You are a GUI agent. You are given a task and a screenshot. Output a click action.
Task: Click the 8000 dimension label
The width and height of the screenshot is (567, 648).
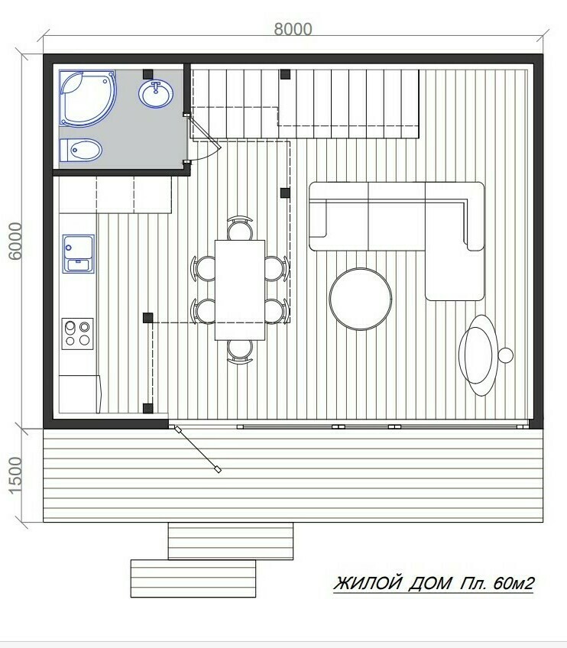coord(293,29)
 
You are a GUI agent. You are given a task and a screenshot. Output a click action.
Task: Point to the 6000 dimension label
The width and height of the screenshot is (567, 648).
coord(15,241)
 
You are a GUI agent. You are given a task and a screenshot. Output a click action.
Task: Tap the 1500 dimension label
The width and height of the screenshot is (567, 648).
coord(15,475)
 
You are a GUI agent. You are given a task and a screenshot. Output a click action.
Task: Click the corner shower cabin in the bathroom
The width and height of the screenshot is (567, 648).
coord(87,99)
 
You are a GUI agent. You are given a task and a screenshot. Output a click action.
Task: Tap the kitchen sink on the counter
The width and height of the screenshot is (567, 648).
coord(79,254)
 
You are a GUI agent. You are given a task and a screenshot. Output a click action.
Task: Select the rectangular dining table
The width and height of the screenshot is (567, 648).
coord(240,290)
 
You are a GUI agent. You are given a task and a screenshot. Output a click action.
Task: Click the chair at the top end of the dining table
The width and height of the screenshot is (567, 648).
coord(240,228)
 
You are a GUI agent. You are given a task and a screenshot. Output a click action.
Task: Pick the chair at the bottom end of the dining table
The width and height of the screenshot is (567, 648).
coord(240,352)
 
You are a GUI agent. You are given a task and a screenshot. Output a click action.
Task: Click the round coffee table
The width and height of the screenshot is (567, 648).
coord(361,299)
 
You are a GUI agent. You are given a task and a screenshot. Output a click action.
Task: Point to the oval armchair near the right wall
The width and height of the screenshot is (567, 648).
coord(478,355)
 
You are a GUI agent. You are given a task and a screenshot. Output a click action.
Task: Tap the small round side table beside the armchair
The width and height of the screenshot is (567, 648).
coord(505,355)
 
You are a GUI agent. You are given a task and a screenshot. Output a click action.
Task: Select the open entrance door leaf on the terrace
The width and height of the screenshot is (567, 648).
coord(197,449)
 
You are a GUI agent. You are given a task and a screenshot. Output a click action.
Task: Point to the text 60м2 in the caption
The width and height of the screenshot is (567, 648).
coord(514,583)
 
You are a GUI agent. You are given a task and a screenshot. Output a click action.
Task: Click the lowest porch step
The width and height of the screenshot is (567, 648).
coord(193,578)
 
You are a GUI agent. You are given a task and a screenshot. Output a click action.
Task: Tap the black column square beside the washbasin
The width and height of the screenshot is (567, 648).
coord(147,74)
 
